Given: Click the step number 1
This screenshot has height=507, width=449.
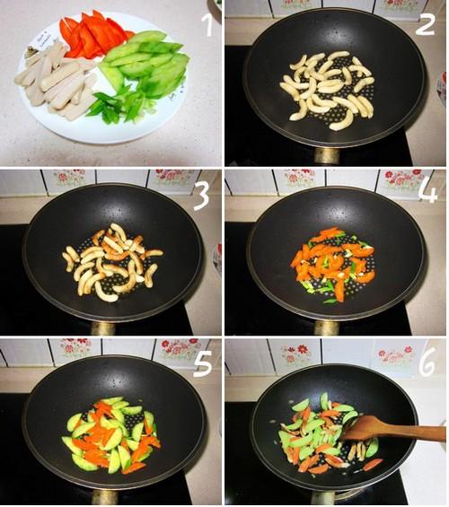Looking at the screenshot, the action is pyautogui.click(x=207, y=25).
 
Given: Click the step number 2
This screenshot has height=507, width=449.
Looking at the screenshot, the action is pyautogui.click(x=425, y=24).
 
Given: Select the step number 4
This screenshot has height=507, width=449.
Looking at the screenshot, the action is pyautogui.click(x=427, y=191).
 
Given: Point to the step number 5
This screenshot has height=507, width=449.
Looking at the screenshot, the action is pyautogui.click(x=203, y=363).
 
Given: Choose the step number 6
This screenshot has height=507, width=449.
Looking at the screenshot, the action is pyautogui.click(x=427, y=363).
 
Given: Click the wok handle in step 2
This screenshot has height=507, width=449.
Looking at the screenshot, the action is pyautogui.click(x=327, y=156).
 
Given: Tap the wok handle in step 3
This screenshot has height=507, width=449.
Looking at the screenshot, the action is pyautogui.click(x=103, y=328).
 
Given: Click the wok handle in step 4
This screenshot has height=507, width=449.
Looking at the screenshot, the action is pyautogui.click(x=327, y=328).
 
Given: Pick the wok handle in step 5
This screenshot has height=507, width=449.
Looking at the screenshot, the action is pyautogui.click(x=104, y=497).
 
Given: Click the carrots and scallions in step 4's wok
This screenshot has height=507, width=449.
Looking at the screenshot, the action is pyautogui.click(x=332, y=265).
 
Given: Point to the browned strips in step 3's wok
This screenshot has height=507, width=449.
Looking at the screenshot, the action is pyautogui.click(x=112, y=262).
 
